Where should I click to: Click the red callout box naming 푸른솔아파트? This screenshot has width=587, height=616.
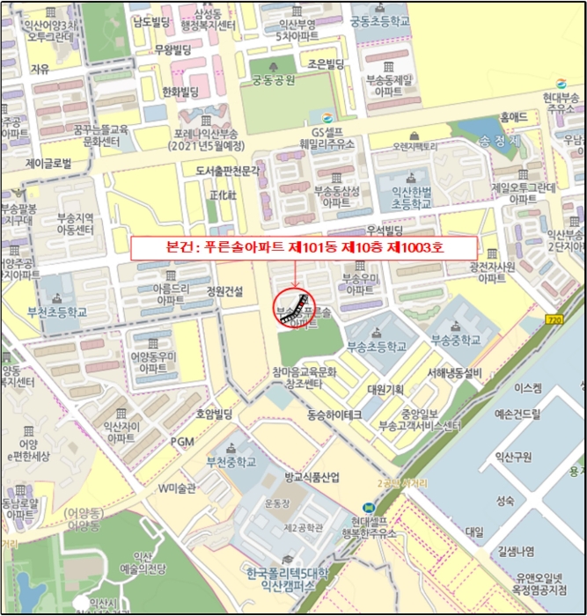(305, 247)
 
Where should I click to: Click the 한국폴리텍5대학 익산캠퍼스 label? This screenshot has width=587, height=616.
(285, 580)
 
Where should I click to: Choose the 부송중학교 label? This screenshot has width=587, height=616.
(451, 338)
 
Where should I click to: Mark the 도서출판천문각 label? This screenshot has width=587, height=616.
(228, 169)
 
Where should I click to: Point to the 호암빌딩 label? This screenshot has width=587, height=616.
(213, 413)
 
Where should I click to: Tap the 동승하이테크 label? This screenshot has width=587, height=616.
(327, 413)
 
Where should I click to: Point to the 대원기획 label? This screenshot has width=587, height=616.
(385, 389)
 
